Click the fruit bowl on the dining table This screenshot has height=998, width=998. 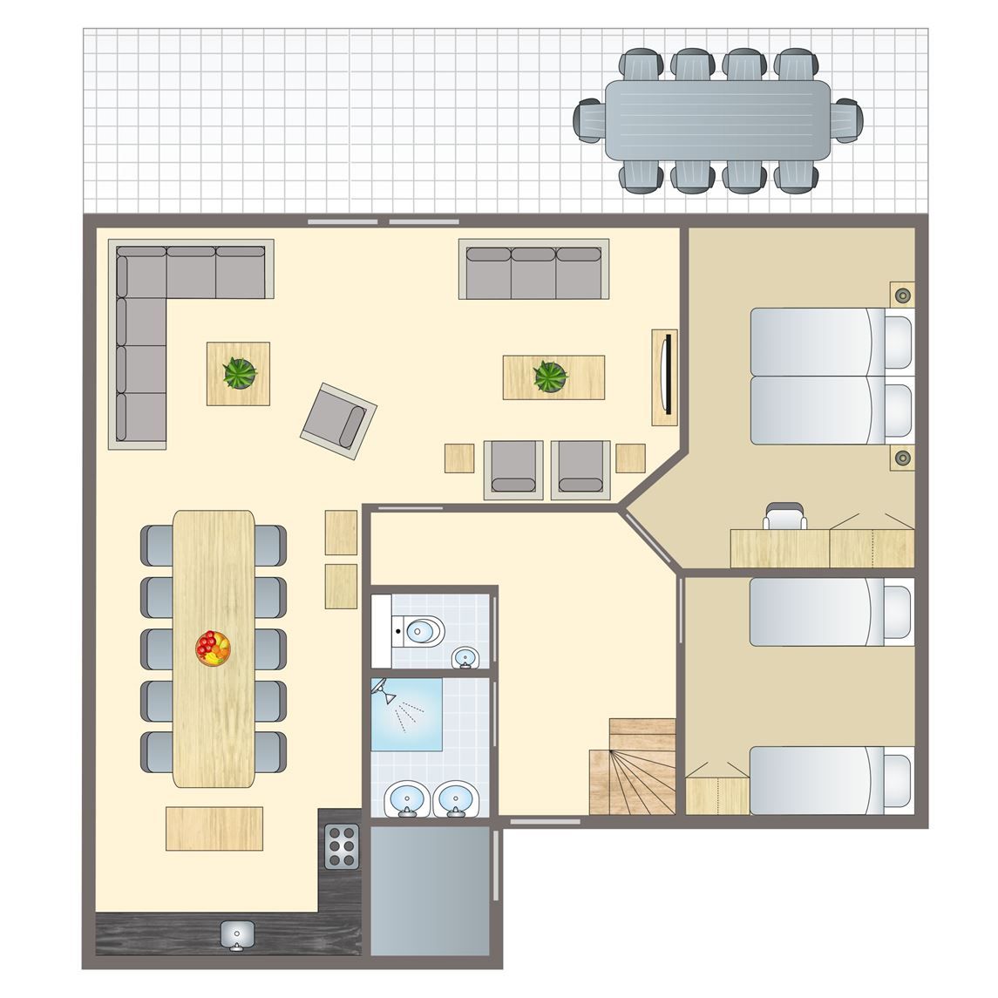tap(214, 648)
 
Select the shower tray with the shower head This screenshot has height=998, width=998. tap(406, 714)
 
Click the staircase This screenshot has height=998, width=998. tap(634, 768)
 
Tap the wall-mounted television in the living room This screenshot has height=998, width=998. tap(666, 377)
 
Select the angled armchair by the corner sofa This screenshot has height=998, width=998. tap(339, 420)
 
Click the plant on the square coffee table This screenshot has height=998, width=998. tap(239, 373)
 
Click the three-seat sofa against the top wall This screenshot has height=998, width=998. tap(533, 269)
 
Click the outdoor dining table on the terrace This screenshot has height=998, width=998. tap(717, 119)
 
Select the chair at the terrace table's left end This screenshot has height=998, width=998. tap(590, 119)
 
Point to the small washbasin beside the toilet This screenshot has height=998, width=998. tap(466, 657)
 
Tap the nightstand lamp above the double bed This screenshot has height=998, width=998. tap(902, 295)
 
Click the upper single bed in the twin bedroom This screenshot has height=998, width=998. tap(831, 612)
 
